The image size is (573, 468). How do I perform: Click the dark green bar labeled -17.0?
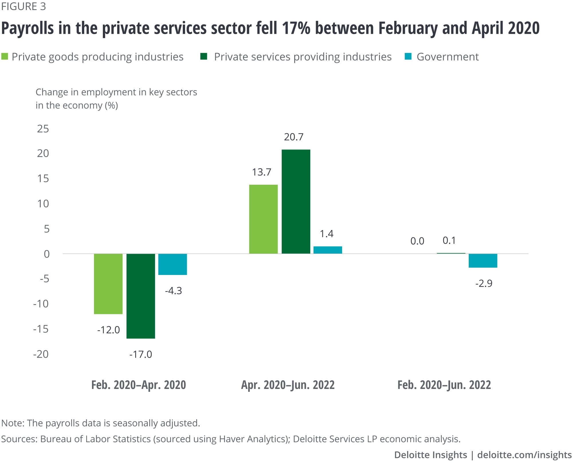(141, 296)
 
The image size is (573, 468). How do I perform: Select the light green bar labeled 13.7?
(263, 219)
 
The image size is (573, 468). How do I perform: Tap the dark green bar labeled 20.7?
(296, 202)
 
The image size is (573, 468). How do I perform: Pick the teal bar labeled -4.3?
(172, 264)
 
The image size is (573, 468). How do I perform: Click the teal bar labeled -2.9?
(483, 261)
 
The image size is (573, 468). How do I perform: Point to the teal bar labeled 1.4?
(327, 250)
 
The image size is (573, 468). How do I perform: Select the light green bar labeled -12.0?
(108, 284)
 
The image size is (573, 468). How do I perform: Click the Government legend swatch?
(408, 56)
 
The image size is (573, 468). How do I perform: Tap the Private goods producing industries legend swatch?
(5, 56)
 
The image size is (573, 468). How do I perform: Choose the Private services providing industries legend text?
(303, 57)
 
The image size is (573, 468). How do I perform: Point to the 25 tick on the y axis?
(43, 129)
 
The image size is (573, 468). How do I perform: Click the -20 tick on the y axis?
(41, 354)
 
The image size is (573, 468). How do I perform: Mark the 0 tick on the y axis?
(46, 254)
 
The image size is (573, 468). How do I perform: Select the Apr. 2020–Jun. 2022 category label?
(288, 385)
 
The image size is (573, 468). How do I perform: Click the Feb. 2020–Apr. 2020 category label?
(138, 385)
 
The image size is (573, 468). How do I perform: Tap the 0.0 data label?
(417, 241)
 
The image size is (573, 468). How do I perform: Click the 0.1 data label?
(449, 241)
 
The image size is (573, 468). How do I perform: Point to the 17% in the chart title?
(296, 28)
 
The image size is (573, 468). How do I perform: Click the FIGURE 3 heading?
(23, 6)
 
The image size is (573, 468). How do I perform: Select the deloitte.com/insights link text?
(524, 455)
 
